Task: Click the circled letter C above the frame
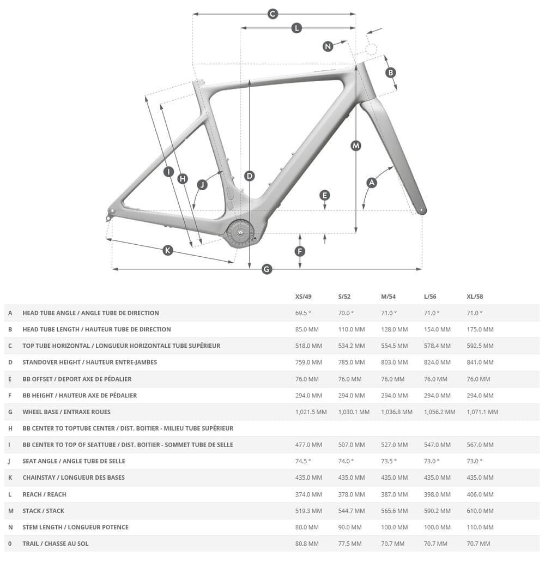273,14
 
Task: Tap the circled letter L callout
296,28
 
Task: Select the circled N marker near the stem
328,46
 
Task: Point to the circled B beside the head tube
390,72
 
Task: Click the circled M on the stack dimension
356,146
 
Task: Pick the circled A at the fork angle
372,183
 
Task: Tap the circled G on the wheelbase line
267,269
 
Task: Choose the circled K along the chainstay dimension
168,250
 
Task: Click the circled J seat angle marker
202,185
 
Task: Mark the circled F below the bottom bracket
300,251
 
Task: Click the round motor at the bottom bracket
240,233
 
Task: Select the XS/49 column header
304,297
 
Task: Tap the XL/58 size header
475,297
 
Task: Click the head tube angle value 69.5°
303,313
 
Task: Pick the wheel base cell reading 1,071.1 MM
482,412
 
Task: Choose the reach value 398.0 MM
437,494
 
